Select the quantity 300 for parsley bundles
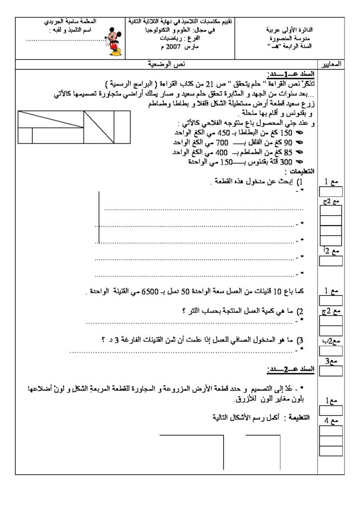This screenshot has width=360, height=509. [x=289, y=162]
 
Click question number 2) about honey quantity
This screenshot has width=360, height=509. [x=301, y=311]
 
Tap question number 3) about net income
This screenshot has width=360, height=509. [x=301, y=340]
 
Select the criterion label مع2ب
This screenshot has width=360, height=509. [x=331, y=340]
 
